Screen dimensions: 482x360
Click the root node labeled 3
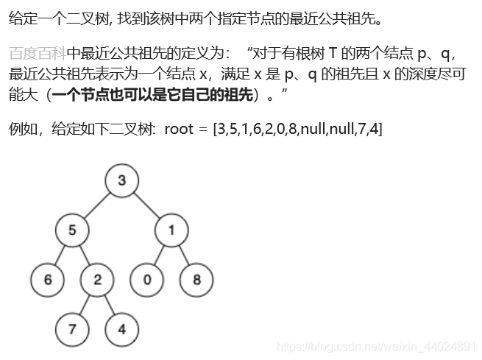coord(122,180)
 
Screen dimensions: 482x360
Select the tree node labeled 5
coord(72,230)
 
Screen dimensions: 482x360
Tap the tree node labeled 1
coord(171,230)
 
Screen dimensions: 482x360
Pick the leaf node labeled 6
coord(48,280)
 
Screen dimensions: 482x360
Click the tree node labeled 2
coord(97,280)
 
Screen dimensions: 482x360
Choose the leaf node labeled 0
coord(146,280)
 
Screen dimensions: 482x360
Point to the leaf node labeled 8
coord(196,280)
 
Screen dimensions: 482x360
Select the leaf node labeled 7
coord(72,329)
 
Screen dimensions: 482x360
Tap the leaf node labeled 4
coord(122,329)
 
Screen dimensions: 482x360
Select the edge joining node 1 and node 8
coord(184,255)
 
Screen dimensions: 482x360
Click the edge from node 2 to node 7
coord(85,305)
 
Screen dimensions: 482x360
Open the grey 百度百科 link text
coord(38,53)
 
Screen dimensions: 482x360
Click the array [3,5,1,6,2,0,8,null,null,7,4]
coord(297,130)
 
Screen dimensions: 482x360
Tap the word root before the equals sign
coord(179,130)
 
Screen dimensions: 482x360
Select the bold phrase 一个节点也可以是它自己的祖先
coord(154,95)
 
